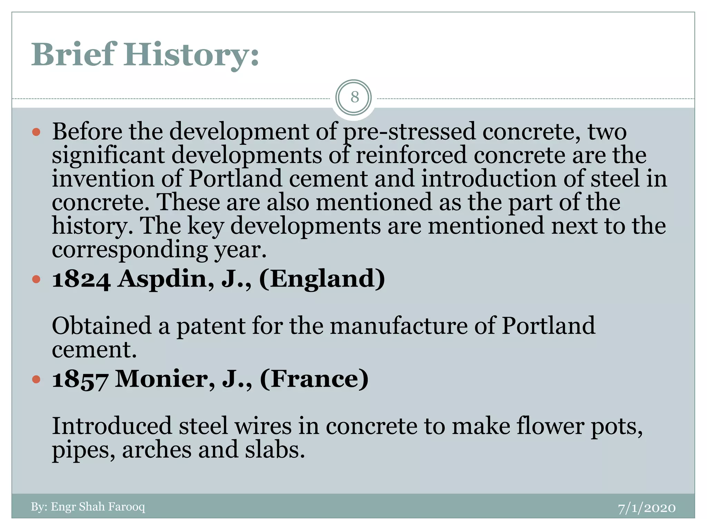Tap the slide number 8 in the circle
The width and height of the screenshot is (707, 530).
354,97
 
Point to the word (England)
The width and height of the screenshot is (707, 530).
322,279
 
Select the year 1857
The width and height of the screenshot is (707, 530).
80,379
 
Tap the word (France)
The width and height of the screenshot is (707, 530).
314,379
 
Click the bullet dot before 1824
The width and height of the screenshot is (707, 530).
36,279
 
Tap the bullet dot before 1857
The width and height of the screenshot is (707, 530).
36,380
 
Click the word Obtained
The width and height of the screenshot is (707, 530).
101,326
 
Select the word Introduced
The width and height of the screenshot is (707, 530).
112,426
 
